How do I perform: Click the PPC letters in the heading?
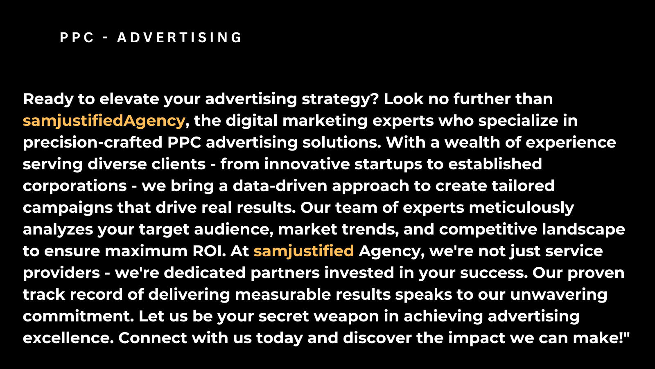coord(77,37)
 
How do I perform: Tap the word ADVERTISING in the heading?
coord(180,37)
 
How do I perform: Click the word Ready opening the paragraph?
coord(48,100)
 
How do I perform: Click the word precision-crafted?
coord(93,143)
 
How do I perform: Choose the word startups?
coord(388,164)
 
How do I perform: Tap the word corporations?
coord(75,186)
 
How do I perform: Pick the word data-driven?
coord(280,186)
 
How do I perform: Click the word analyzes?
coord(58,230)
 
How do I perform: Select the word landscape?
coord(583,230)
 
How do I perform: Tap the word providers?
coord(61,273)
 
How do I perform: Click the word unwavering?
coord(558,295)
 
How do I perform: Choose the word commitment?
coord(78,316)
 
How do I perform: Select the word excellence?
coord(68,338)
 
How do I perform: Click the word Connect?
coord(153,338)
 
